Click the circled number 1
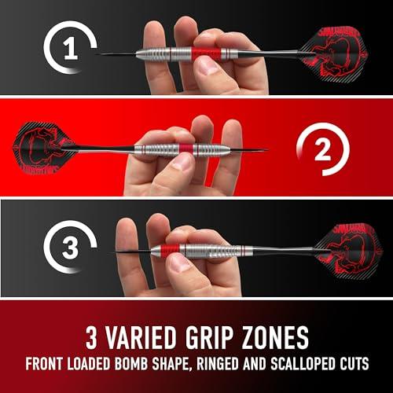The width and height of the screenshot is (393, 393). [70, 49]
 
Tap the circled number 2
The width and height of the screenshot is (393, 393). [322, 150]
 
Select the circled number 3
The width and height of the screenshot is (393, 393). [70, 248]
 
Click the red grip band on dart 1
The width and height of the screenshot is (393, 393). [206, 53]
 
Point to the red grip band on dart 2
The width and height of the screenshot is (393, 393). [186, 150]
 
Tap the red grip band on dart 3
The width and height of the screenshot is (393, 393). [170, 251]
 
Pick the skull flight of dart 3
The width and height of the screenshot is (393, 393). [349, 251]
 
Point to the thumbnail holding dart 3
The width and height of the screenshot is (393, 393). [180, 263]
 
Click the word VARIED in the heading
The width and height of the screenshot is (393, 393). [141, 338]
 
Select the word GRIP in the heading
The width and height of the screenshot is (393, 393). [209, 338]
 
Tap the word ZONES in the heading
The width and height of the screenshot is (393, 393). [275, 338]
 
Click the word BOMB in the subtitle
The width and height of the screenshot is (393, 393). [131, 364]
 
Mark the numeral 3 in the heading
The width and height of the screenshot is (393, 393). [91, 338]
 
